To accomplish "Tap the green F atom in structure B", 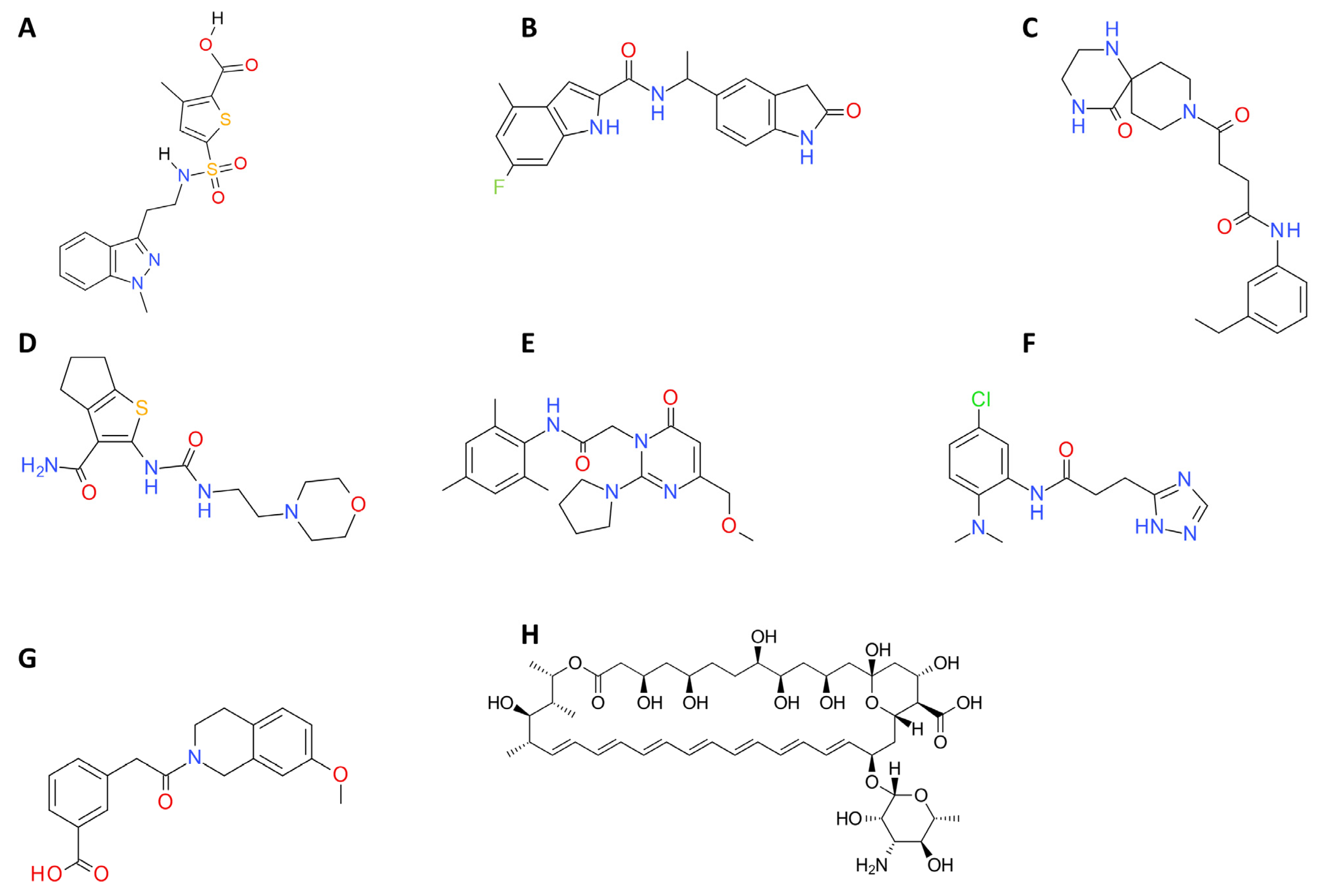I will (499, 187).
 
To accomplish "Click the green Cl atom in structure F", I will (981, 399).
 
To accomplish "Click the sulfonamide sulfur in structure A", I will (212, 169).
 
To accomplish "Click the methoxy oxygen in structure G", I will (340, 773).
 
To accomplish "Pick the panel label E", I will (528, 344).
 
